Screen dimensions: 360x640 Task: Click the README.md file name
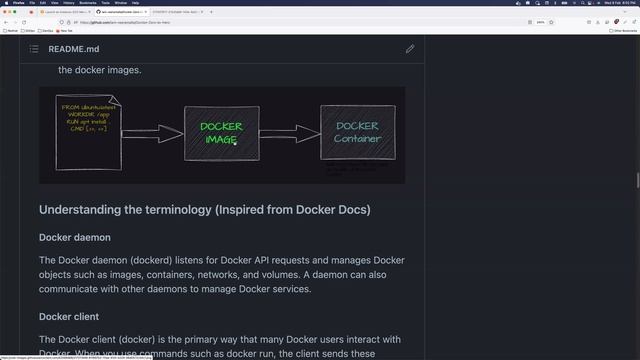(74, 48)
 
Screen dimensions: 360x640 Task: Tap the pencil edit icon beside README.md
(410, 48)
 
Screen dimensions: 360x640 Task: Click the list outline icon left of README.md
(34, 48)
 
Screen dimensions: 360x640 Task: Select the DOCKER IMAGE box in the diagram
(221, 133)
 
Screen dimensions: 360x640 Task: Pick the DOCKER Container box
(357, 133)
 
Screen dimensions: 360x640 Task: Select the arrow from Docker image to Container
(289, 133)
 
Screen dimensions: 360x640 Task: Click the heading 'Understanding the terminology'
(205, 210)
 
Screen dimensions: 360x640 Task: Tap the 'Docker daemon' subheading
(75, 237)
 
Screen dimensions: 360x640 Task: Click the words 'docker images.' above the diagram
(100, 70)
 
